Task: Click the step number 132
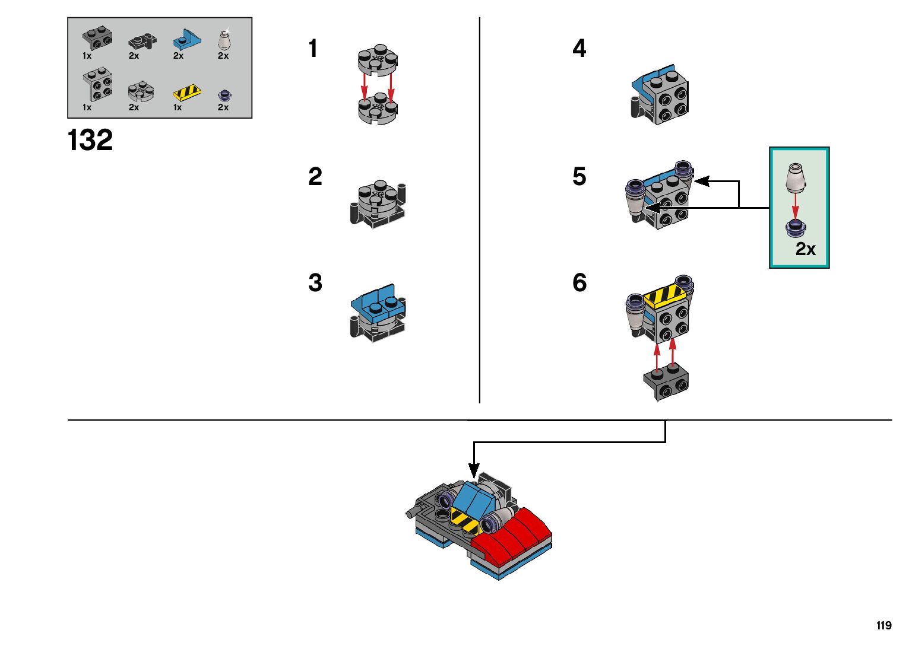(90, 140)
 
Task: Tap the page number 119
(884, 625)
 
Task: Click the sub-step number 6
(579, 282)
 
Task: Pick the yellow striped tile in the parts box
(187, 93)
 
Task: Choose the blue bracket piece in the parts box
(186, 39)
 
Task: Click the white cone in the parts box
(224, 39)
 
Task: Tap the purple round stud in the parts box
(224, 96)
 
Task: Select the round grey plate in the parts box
(141, 91)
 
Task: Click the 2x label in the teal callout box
(805, 249)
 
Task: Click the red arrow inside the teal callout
(796, 206)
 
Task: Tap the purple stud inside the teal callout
(796, 228)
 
